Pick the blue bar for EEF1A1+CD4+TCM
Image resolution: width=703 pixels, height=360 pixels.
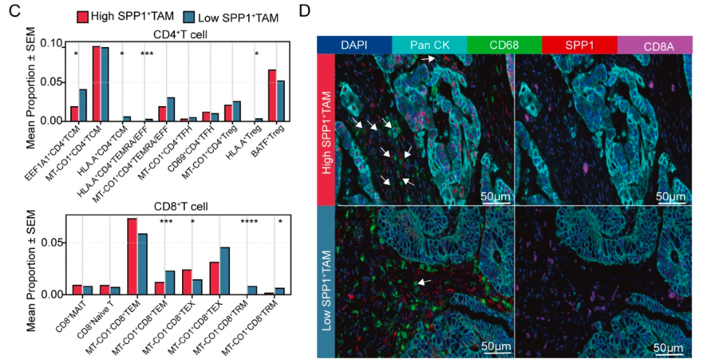[83, 105]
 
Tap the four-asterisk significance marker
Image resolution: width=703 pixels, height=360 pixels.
[249, 223]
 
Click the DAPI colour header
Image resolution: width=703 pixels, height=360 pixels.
[354, 46]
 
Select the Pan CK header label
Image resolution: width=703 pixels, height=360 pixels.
[429, 46]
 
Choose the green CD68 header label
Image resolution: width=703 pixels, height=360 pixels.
[504, 46]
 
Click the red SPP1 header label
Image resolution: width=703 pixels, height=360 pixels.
[579, 46]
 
